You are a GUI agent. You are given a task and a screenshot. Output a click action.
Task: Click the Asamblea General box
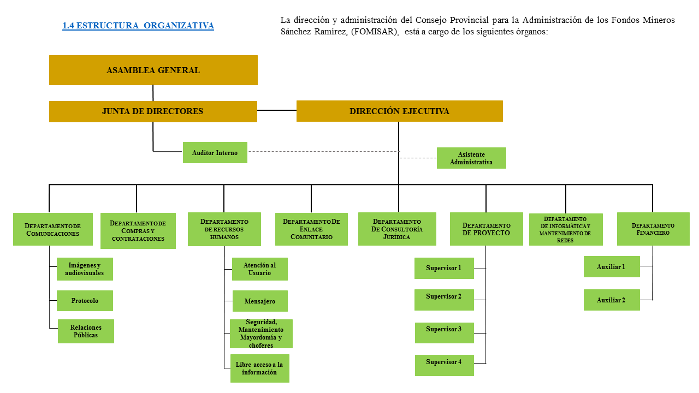pos(153,70)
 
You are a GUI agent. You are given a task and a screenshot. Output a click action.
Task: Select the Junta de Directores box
pos(153,111)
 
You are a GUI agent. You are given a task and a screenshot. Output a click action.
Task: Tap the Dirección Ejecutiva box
pos(399,111)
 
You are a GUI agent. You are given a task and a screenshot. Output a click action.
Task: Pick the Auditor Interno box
pos(215,153)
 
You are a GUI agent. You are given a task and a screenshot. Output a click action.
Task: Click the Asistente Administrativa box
pos(471,158)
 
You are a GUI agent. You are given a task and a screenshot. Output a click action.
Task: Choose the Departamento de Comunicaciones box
pos(52,229)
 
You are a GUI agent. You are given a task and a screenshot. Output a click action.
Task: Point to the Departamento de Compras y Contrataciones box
pos(138,231)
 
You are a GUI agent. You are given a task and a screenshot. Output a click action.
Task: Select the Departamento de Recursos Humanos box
pos(224,229)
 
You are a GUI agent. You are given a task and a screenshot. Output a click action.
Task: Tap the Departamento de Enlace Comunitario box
pos(311,229)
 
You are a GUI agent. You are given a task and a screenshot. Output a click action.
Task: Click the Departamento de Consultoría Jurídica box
pos(397,229)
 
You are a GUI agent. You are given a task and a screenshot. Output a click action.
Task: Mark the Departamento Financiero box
pos(653,229)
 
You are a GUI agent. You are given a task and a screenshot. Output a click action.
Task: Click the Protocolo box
pos(85,301)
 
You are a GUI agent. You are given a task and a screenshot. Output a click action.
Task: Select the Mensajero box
pos(260,301)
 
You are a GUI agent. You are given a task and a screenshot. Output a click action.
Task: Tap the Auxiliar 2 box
pos(612,300)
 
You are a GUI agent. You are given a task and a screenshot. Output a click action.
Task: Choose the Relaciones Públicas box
pos(86,331)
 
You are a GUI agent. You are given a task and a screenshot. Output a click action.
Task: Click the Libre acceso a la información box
pos(259,368)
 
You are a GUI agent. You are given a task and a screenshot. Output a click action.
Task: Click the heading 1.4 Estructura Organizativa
pos(138,26)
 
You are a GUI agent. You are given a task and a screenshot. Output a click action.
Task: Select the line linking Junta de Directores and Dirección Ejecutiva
pos(277,110)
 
